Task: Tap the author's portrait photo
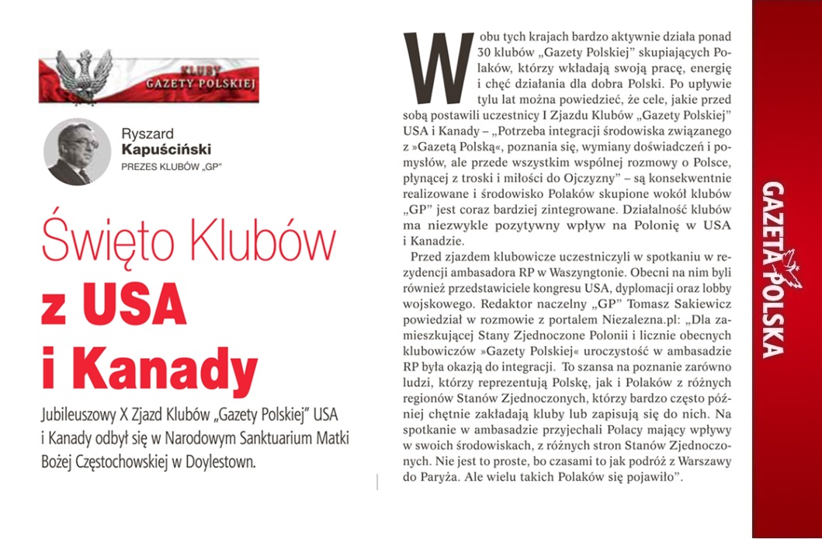point(78,151)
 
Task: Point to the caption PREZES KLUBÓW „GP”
point(167,166)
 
